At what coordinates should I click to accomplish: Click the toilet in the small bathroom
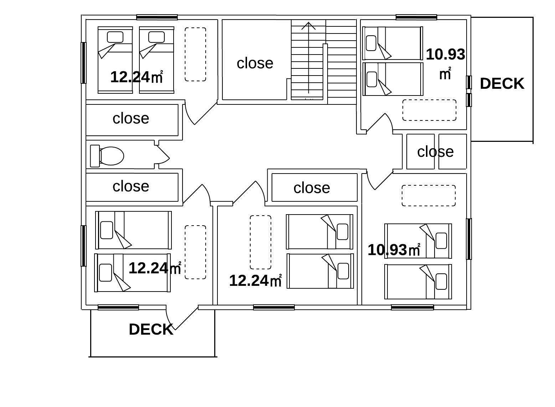coord(107,156)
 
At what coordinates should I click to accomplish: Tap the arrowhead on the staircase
coord(308,26)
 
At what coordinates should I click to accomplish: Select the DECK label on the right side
coord(502,83)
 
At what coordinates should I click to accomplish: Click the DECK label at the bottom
coord(151,329)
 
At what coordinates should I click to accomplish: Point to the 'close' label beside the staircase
coord(255,63)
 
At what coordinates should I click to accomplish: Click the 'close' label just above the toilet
coord(131,118)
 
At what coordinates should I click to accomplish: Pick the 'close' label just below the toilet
coord(131,186)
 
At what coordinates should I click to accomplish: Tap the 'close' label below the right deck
coord(435,151)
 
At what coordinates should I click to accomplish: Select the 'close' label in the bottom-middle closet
coord(312,188)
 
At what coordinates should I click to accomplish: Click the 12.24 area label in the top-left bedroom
coord(137,77)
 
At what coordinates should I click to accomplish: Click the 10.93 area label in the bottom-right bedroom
coord(394,250)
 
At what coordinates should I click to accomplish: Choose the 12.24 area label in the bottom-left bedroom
coord(155,268)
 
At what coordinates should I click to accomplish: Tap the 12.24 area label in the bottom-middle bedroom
coord(256,281)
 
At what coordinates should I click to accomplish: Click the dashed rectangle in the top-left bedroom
coord(195,54)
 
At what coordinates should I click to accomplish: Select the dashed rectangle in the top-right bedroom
coord(429,110)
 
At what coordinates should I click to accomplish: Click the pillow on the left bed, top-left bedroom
coord(115,37)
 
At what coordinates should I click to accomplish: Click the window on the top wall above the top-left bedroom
coord(157,17)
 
